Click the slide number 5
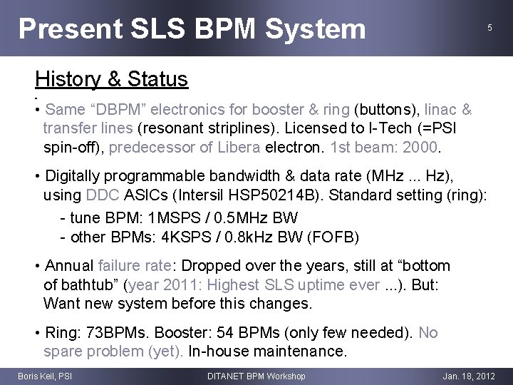489,28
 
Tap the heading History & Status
111,79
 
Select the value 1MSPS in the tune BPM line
171,217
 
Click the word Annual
69,266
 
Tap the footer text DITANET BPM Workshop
256,376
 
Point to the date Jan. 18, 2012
468,376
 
